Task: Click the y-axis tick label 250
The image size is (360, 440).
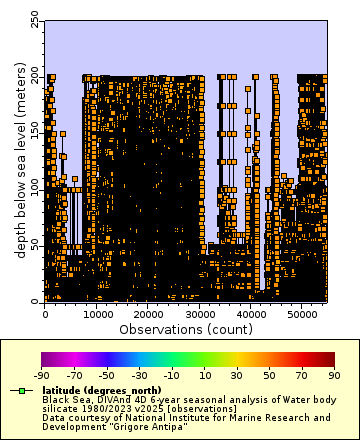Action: point(35,20)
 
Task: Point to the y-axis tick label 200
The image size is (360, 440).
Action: point(35,76)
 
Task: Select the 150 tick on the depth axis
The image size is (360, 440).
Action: point(35,132)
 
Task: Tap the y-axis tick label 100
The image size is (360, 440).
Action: point(35,188)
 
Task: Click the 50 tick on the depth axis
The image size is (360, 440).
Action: point(35,244)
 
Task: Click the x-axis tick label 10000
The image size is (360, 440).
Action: point(96,314)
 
